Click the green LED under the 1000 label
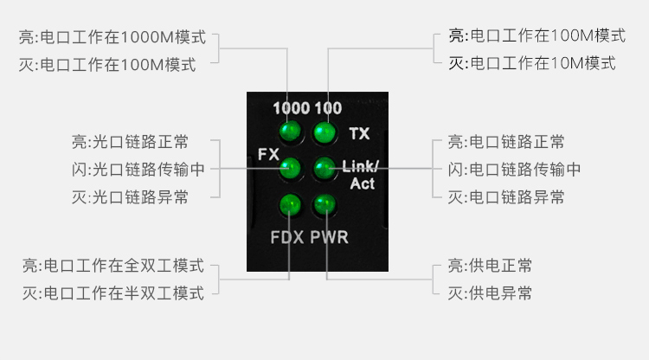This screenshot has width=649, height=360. click(289, 132)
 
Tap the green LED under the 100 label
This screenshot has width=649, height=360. click(324, 132)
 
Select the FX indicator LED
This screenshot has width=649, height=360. click(290, 167)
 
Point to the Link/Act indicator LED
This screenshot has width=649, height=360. click(324, 167)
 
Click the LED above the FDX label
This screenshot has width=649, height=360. click(290, 205)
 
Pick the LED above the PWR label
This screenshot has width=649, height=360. click(324, 205)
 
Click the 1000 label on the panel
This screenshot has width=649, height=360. click(291, 109)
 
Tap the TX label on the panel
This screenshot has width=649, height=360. click(359, 133)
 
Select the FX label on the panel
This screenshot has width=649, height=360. click(267, 154)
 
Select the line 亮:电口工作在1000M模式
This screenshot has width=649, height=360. click(112, 37)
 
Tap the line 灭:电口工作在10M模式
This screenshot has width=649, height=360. click(531, 63)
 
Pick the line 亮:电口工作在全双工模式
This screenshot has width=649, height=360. click(112, 265)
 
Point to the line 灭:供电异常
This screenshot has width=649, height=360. click(490, 292)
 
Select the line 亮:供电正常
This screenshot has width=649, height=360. click(490, 265)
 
